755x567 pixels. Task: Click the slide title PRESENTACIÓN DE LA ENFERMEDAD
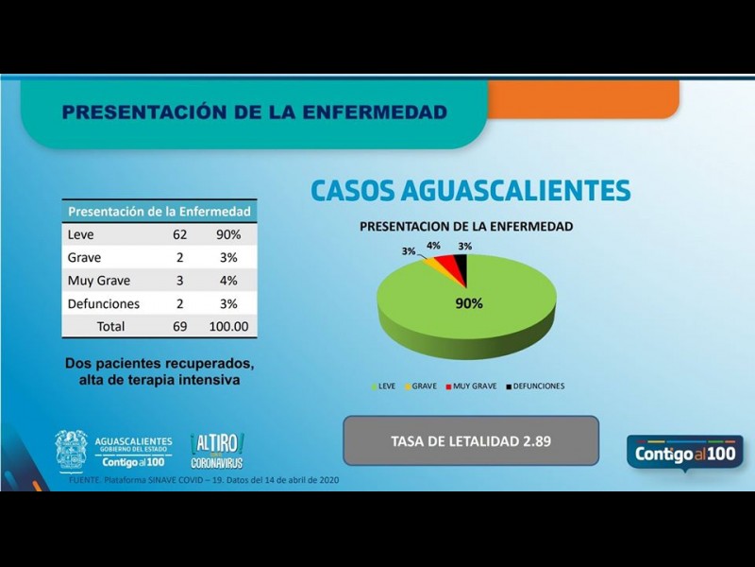click(254, 112)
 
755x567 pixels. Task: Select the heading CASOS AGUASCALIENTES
click(470, 191)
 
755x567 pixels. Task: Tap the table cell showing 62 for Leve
click(180, 234)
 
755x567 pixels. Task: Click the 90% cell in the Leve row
click(228, 234)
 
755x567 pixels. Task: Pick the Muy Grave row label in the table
click(99, 281)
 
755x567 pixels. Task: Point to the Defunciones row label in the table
click(104, 304)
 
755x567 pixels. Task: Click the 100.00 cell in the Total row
click(228, 327)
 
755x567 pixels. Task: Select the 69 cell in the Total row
click(180, 327)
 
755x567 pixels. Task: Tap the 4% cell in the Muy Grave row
click(228, 281)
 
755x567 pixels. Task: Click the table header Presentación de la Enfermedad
click(159, 212)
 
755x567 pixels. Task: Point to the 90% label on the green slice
click(469, 304)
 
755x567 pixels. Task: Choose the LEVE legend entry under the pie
click(384, 386)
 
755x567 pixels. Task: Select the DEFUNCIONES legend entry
click(537, 386)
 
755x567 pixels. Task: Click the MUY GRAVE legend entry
click(471, 386)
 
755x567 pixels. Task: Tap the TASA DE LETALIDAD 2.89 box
click(471, 441)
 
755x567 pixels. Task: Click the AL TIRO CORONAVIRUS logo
click(216, 450)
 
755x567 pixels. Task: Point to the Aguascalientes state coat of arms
click(72, 450)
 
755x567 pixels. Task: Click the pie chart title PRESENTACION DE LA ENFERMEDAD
click(465, 227)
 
